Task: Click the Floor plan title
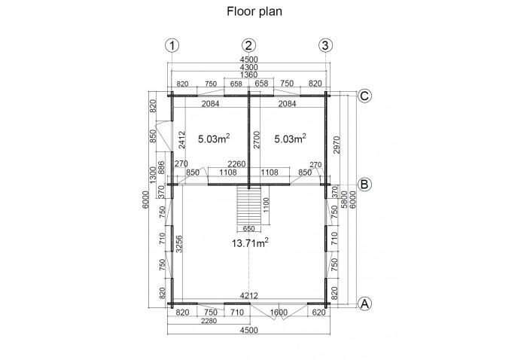pos(248,12)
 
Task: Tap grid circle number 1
pos(174,44)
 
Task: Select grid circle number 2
pos(249,44)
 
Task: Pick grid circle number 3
pos(324,44)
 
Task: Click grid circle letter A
pos(364,304)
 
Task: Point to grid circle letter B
pos(364,183)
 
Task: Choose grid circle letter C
pos(364,96)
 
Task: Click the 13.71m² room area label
pos(251,242)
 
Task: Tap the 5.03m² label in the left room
pos(213,139)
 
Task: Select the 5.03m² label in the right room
pos(290,139)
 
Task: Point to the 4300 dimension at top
pos(248,68)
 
